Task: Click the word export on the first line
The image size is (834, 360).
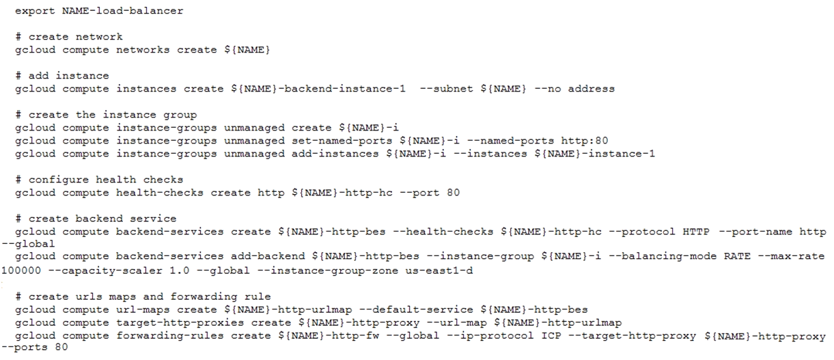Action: tap(35, 11)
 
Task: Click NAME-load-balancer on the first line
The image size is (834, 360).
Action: tap(122, 11)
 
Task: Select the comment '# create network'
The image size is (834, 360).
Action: tap(69, 36)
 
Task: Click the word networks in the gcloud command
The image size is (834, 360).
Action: tap(143, 50)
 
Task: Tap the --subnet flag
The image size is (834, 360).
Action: tap(447, 89)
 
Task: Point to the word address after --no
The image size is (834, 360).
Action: tap(592, 89)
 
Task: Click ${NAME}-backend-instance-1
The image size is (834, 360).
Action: tap(318, 89)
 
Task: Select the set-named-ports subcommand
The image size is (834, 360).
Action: tap(342, 141)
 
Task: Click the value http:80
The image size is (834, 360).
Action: tap(585, 141)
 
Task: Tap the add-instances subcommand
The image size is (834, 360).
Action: tap(335, 154)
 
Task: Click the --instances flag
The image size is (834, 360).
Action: tap(490, 154)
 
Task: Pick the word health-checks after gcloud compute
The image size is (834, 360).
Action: tap(160, 193)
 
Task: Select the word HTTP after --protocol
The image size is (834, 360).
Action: tap(696, 232)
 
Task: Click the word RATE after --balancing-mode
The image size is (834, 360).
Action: tap(737, 256)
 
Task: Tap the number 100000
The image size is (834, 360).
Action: tap(21, 271)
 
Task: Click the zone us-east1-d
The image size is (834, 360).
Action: tap(439, 271)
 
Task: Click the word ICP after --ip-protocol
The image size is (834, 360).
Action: tap(551, 336)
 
